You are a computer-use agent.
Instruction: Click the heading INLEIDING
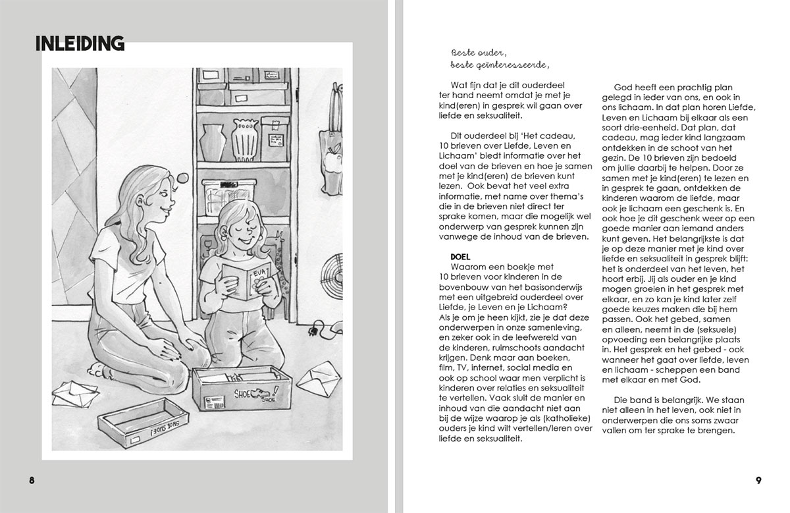click(80, 43)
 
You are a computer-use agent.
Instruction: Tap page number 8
click(32, 479)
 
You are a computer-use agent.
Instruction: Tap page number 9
click(758, 479)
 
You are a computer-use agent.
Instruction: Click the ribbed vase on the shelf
click(245, 140)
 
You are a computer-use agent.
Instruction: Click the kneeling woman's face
click(161, 194)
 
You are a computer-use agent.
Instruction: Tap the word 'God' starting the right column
click(622, 88)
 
